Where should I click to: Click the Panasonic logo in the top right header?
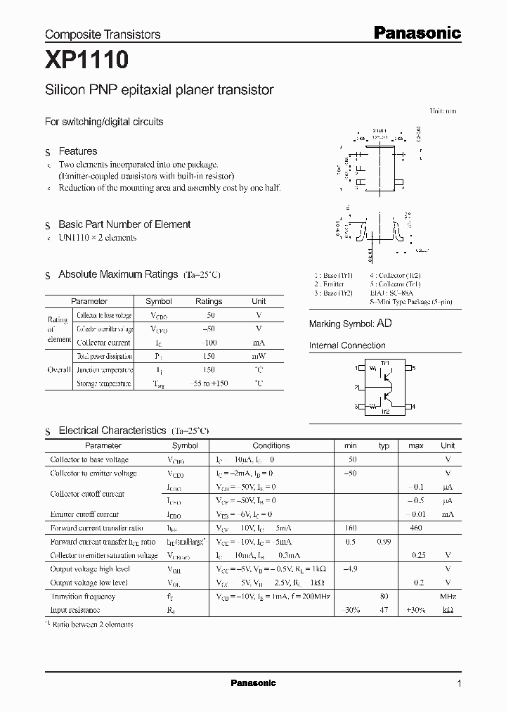[x=416, y=32]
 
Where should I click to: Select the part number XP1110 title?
[x=86, y=61]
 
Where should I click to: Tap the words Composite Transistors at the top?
[x=103, y=34]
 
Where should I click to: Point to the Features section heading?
[x=77, y=151]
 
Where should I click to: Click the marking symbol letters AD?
[x=384, y=324]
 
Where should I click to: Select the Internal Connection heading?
[x=347, y=345]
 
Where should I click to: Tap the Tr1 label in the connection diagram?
[x=384, y=363]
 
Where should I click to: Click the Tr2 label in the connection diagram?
[x=385, y=412]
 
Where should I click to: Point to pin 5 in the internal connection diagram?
[x=413, y=368]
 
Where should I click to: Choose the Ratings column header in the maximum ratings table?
[x=209, y=301]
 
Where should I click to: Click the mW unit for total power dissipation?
[x=259, y=357]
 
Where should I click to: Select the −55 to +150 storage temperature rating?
[x=209, y=383]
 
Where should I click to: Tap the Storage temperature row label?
[x=103, y=383]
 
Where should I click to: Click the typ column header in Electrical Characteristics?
[x=384, y=445]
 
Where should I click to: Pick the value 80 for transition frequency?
[x=384, y=597]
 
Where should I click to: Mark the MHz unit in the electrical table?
[x=447, y=597]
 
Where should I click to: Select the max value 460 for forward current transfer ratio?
[x=416, y=528]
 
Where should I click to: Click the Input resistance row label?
[x=75, y=610]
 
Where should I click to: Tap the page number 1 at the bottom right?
[x=459, y=683]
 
